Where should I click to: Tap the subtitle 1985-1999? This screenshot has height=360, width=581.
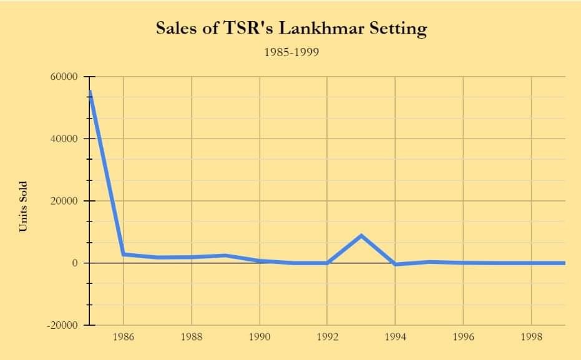click(291, 52)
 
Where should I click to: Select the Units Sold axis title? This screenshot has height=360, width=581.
click(23, 206)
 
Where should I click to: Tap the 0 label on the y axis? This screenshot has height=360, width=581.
click(75, 263)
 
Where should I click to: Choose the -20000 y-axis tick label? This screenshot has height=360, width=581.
click(62, 325)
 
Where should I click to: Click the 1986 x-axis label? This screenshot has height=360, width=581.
click(124, 338)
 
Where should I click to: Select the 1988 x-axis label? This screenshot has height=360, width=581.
click(192, 338)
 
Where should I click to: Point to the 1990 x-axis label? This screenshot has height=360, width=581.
click(260, 338)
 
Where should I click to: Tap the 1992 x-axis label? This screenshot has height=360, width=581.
click(328, 338)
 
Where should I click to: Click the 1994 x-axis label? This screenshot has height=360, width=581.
click(396, 338)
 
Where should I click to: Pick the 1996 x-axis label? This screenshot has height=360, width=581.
click(463, 338)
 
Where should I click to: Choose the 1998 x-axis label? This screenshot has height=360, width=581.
click(531, 338)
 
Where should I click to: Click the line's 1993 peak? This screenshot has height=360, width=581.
click(361, 235)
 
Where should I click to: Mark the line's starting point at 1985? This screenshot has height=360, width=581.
click(90, 92)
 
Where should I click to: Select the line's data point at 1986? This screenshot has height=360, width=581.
click(124, 254)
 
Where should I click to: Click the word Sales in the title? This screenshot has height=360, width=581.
click(177, 28)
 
